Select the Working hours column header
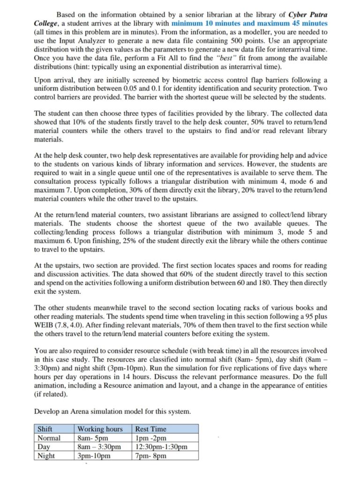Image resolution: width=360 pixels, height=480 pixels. click(100, 429)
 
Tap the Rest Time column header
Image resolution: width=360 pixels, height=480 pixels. click(150, 429)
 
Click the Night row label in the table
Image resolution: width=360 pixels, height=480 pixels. click(46, 456)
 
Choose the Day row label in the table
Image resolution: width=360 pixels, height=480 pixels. click(44, 447)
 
